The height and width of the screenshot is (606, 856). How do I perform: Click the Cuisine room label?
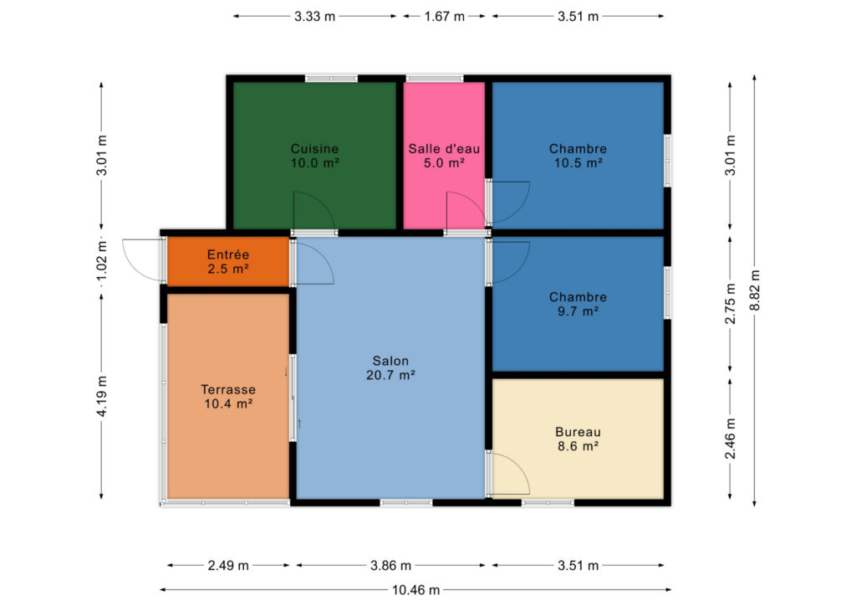coord(314,149)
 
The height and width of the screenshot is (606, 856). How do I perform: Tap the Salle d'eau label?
coord(444,149)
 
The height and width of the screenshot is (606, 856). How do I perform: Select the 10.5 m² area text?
coord(578,163)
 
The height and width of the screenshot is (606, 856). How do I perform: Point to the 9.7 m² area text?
coord(578,311)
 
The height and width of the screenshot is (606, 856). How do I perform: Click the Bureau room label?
coord(578,432)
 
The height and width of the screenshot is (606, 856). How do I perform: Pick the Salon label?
coord(390,361)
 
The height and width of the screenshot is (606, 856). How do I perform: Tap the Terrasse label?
coord(228,389)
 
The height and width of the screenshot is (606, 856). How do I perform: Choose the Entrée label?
coord(228,254)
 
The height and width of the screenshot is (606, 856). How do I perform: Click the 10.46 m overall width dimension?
coord(416,590)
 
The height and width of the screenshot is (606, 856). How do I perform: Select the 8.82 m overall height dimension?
coord(755,290)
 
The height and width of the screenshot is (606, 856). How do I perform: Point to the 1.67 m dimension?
coord(445,17)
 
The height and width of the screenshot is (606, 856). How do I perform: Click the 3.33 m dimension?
coord(314,17)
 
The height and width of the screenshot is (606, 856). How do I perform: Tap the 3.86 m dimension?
coord(390,566)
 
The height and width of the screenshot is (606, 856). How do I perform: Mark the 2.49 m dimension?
coord(228,566)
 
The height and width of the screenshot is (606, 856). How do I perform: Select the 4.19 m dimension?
coord(101,396)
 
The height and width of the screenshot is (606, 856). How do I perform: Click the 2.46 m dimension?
coord(731,439)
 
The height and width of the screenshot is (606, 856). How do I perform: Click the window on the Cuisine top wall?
coord(331,79)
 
